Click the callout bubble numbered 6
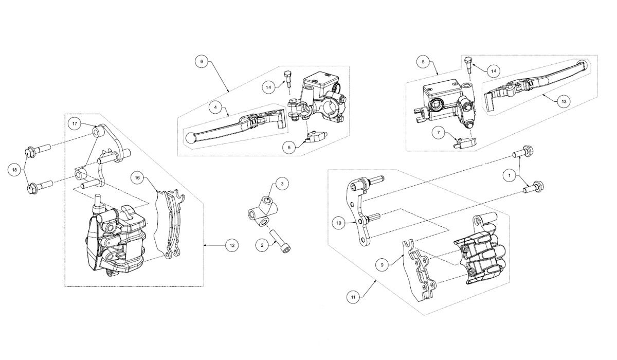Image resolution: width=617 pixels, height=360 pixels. tap(202, 61)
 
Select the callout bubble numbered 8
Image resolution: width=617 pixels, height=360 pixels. tap(423, 61)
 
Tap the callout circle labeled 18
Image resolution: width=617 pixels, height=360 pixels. tap(14, 170)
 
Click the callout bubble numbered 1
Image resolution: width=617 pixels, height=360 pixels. tap(509, 176)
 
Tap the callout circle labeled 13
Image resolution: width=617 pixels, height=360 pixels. tap(564, 101)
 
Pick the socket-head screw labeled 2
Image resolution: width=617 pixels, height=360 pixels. tap(283, 242)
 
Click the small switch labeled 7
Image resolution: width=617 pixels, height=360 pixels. tap(464, 141)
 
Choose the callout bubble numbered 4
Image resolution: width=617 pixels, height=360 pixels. tap(215, 107)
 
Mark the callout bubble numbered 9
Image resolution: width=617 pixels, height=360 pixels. tap(382, 265)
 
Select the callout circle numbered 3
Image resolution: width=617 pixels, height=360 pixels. tap(282, 184)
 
